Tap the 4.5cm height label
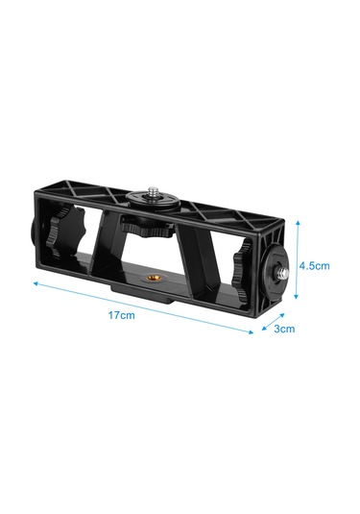click(x=316, y=265)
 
